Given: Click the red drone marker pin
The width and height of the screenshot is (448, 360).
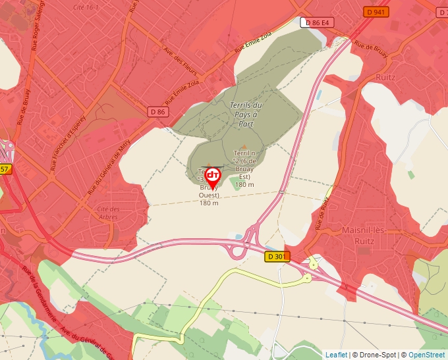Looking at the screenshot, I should click(213, 175).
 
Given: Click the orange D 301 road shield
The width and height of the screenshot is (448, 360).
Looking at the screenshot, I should click(277, 256).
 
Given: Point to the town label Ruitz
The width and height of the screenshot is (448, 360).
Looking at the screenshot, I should click(385, 77).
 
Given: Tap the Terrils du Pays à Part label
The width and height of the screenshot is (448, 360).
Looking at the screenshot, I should click(246, 115).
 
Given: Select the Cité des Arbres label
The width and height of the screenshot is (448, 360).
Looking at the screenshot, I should click(107, 213).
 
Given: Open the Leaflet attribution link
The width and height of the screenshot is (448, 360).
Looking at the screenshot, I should click(336, 355).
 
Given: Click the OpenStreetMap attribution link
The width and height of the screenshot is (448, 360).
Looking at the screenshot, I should click(426, 355).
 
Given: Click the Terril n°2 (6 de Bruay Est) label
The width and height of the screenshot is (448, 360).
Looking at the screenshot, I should click(244, 168).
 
